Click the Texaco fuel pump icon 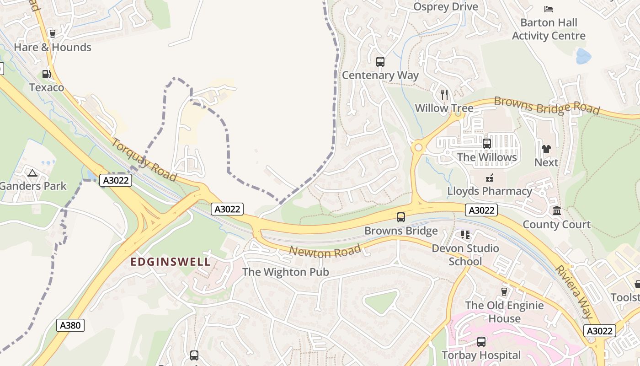46,74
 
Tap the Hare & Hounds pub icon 52,33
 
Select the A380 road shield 71,325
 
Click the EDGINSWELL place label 171,262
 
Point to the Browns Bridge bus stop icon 401,217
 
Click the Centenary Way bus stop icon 380,61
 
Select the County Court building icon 557,211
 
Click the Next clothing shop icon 546,149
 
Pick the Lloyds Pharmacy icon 490,178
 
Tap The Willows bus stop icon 487,144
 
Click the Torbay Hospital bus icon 481,341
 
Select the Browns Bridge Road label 547,106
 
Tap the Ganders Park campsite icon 32,173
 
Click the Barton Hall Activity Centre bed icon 549,9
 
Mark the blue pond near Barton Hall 583,57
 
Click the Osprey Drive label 445,6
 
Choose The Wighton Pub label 285,272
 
